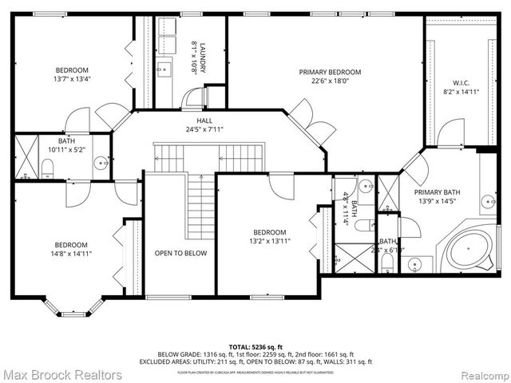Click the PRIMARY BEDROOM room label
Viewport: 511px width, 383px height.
point(330,72)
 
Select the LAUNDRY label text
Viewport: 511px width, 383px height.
point(203,49)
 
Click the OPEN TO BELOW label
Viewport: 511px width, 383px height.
point(180,253)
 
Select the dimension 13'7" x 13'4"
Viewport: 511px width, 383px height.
point(71,79)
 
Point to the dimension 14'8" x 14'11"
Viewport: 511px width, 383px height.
point(71,255)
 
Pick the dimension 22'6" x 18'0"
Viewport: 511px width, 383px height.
point(330,81)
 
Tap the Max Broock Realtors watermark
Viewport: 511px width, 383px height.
point(62,374)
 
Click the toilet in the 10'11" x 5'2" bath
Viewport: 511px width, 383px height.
point(46,168)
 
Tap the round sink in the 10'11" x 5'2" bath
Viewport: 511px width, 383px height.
point(101,163)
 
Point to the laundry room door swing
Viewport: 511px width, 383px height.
point(192,99)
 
